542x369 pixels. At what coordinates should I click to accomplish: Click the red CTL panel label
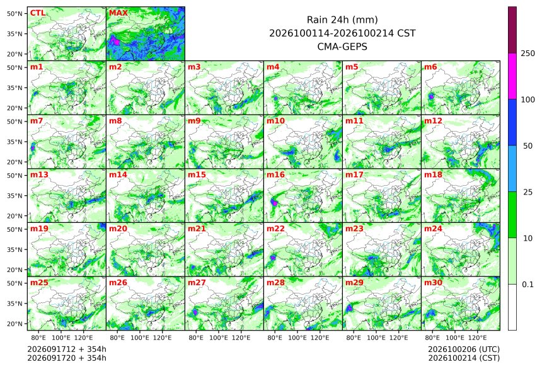(37, 13)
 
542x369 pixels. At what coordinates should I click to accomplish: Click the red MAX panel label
(118, 13)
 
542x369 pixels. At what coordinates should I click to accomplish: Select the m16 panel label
(275, 175)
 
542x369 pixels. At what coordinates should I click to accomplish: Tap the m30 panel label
(433, 283)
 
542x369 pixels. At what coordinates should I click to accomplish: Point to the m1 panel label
(37, 67)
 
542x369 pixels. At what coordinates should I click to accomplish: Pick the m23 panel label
(354, 229)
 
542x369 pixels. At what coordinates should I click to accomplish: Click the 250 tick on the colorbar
(528, 54)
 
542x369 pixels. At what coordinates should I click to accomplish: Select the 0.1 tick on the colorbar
(528, 285)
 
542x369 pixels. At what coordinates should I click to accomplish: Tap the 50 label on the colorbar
(528, 146)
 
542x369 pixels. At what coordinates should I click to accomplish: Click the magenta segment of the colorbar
(512, 76)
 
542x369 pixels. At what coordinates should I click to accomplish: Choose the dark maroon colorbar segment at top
(512, 30)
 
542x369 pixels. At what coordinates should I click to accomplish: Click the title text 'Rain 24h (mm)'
(342, 20)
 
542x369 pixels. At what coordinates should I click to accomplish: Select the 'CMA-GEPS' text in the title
(342, 47)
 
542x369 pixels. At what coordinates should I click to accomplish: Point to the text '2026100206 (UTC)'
(464, 349)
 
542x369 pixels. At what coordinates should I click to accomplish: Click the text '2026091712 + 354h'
(67, 349)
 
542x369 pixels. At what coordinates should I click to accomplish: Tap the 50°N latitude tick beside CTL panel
(14, 13)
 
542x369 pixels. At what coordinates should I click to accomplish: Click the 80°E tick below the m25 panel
(38, 338)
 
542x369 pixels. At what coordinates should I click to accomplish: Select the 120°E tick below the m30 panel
(477, 338)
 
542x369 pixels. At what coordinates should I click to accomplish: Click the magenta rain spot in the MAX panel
(115, 42)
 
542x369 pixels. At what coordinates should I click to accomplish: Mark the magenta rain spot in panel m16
(274, 203)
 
